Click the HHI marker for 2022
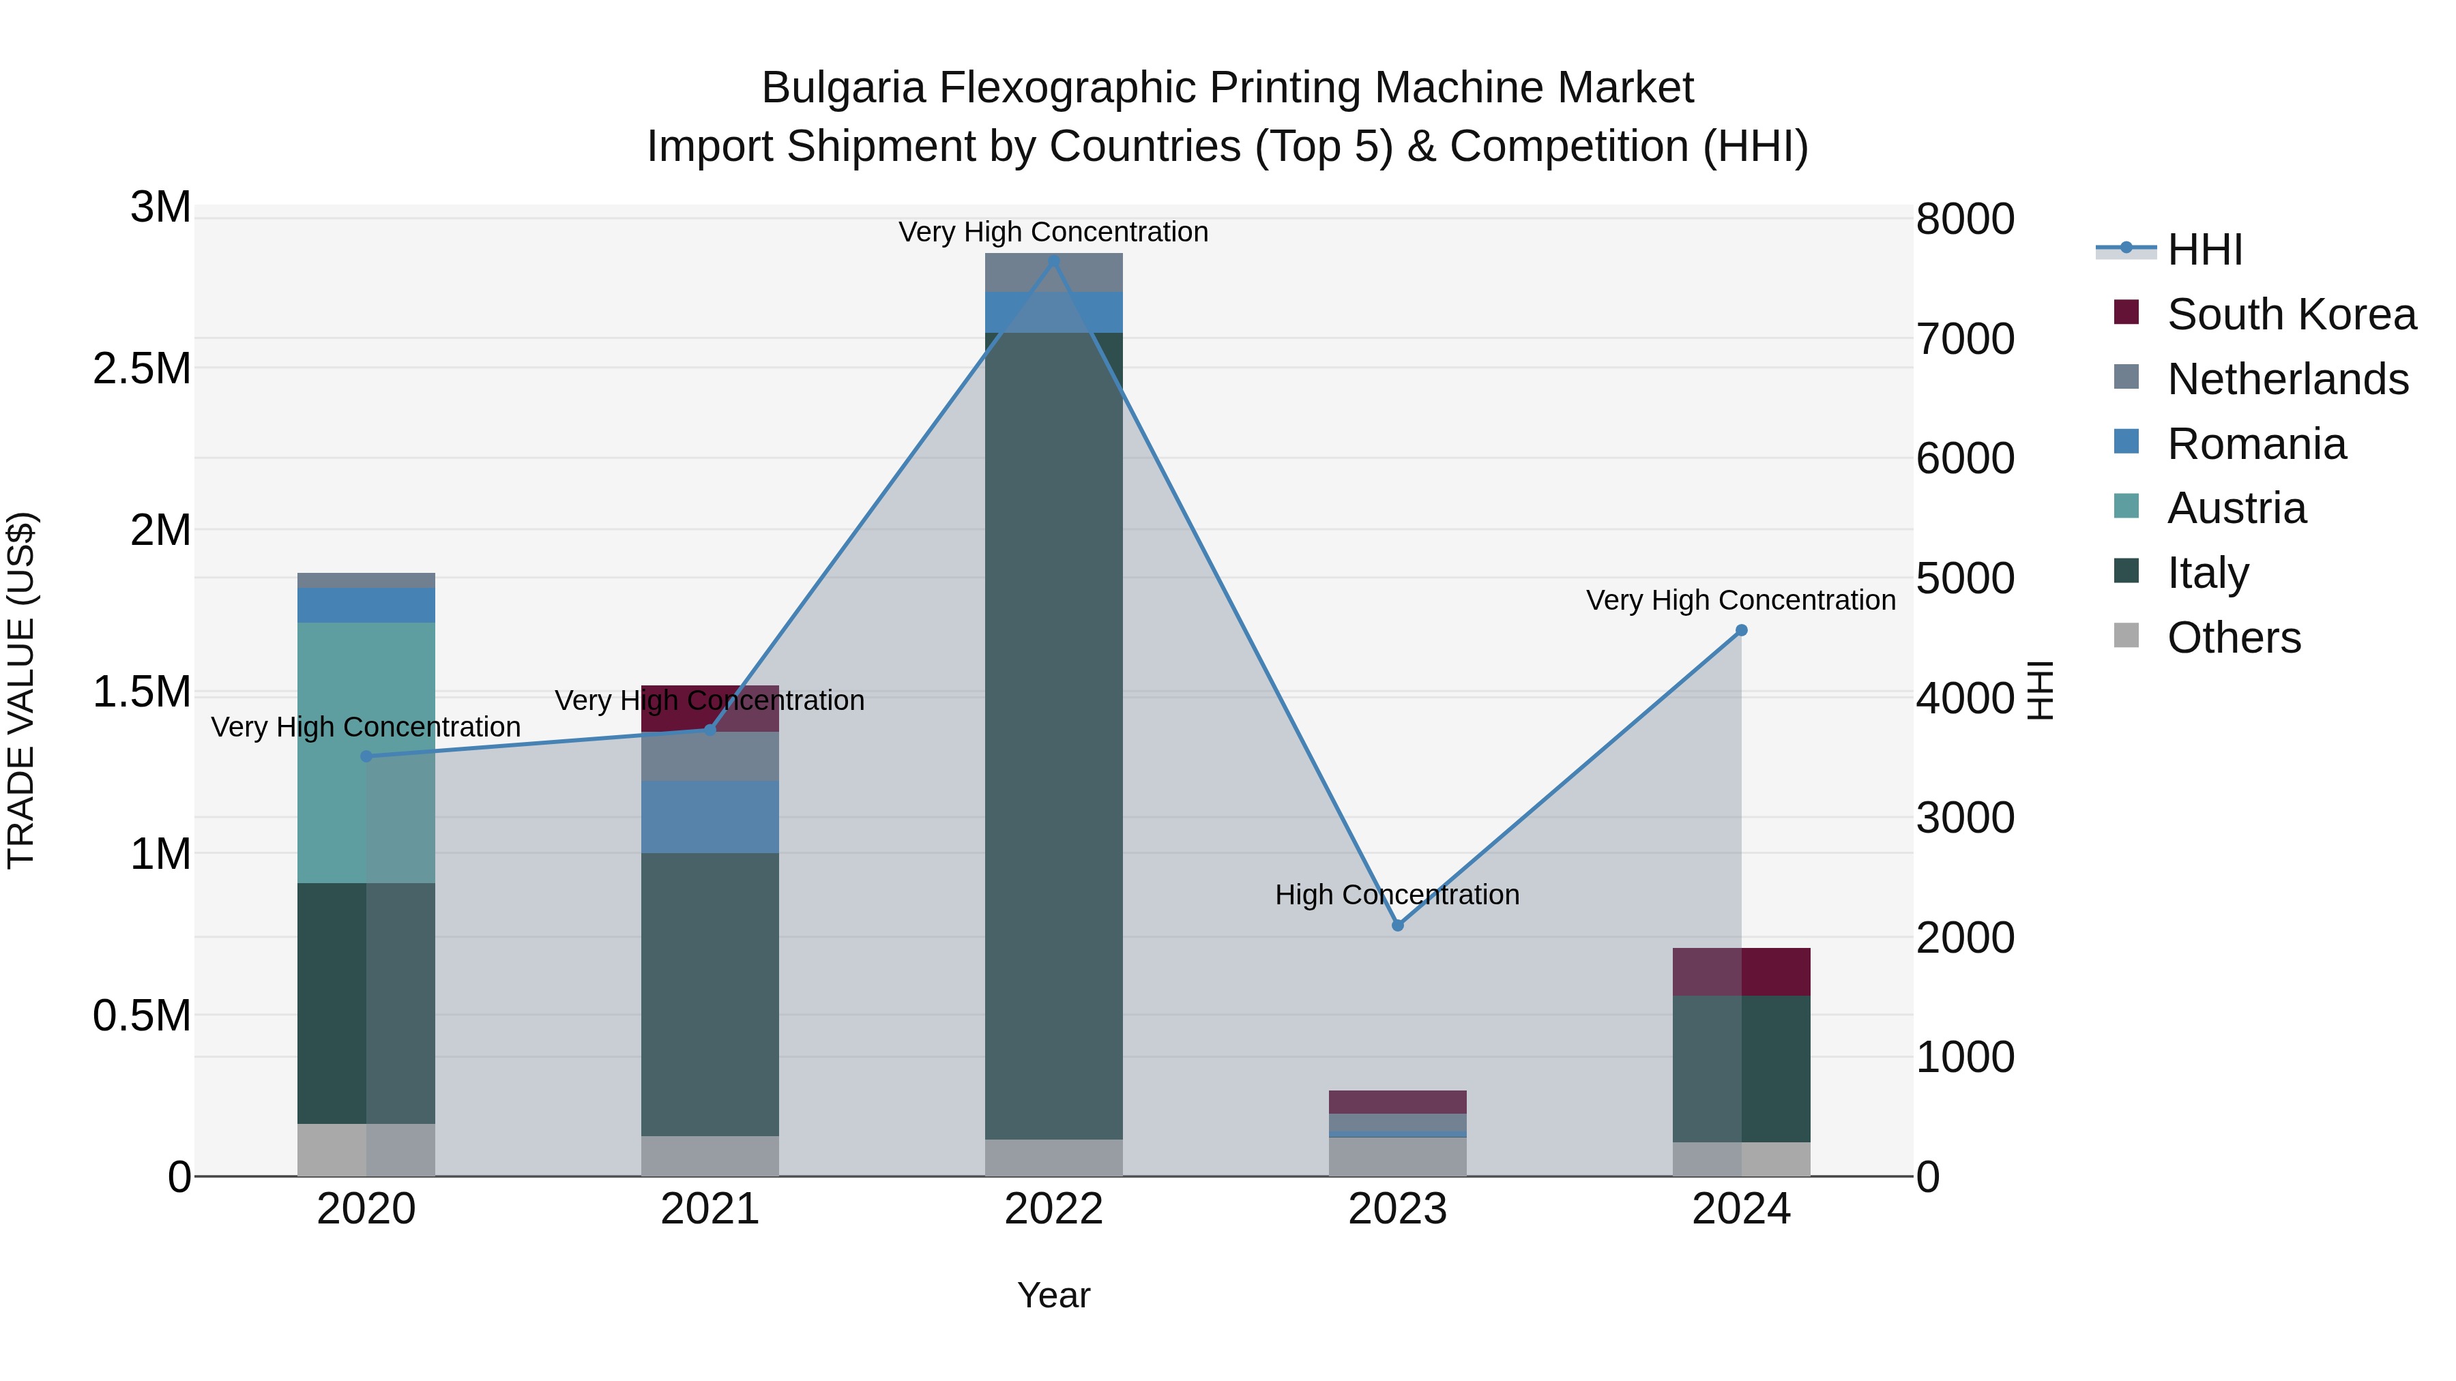1053,261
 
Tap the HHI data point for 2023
1398,925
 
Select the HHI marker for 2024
1741,630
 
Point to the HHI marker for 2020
366,756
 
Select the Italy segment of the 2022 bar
1053,734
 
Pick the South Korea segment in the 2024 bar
1741,971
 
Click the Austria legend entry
2236,508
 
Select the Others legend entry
2233,638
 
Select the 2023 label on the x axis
1398,1209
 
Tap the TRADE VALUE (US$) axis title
21,690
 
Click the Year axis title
1053,1295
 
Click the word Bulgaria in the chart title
843,88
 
